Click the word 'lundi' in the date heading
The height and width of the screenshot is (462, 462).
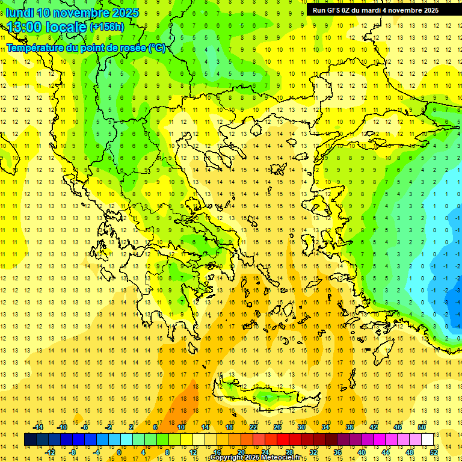point(20,13)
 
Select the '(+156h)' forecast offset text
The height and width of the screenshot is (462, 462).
point(106,27)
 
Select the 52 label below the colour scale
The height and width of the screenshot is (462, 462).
point(434,452)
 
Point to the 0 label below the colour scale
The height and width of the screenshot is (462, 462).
point(119,452)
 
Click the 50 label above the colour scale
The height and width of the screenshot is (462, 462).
point(421,427)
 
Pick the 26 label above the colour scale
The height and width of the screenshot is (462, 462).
point(277,427)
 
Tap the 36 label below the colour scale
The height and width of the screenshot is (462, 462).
point(337,452)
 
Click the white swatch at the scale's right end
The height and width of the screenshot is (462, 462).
point(427,440)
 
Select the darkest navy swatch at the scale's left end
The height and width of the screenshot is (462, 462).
point(30,440)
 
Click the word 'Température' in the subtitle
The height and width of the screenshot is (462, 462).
point(35,48)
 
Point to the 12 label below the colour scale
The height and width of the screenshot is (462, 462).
point(192,452)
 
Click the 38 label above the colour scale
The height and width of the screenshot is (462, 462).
point(350,427)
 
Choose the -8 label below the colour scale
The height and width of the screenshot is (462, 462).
point(73,452)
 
